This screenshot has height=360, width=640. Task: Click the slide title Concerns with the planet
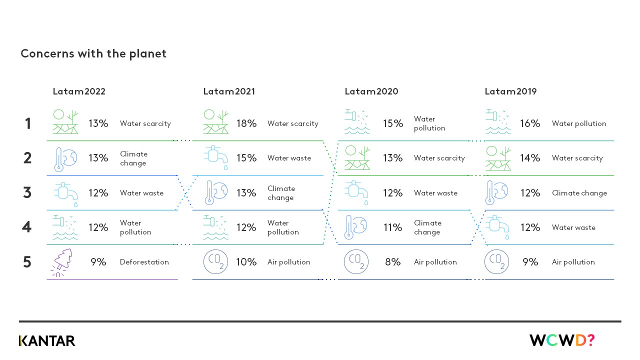click(x=93, y=53)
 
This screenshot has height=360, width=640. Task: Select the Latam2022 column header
click(x=79, y=91)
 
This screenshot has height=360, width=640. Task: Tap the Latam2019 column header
click(x=510, y=91)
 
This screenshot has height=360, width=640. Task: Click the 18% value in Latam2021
click(x=246, y=123)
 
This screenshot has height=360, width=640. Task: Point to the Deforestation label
click(x=144, y=262)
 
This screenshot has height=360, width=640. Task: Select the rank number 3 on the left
click(x=28, y=192)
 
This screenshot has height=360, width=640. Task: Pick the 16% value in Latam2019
click(x=530, y=123)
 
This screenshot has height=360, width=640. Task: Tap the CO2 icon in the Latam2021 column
click(x=215, y=262)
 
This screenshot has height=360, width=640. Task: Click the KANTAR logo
click(x=47, y=341)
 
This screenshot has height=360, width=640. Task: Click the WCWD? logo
click(x=562, y=340)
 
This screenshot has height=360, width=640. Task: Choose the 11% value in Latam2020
click(x=392, y=227)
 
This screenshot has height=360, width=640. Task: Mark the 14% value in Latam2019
click(x=530, y=158)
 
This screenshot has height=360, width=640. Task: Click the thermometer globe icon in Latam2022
click(x=65, y=158)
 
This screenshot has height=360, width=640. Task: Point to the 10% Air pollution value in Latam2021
click(x=246, y=262)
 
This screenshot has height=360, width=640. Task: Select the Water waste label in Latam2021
click(x=289, y=158)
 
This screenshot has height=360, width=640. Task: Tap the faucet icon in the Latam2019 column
click(x=497, y=227)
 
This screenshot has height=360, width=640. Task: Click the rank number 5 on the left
click(x=28, y=262)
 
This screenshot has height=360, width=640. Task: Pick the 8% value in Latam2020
click(x=392, y=262)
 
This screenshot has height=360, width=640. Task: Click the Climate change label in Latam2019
click(x=579, y=193)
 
